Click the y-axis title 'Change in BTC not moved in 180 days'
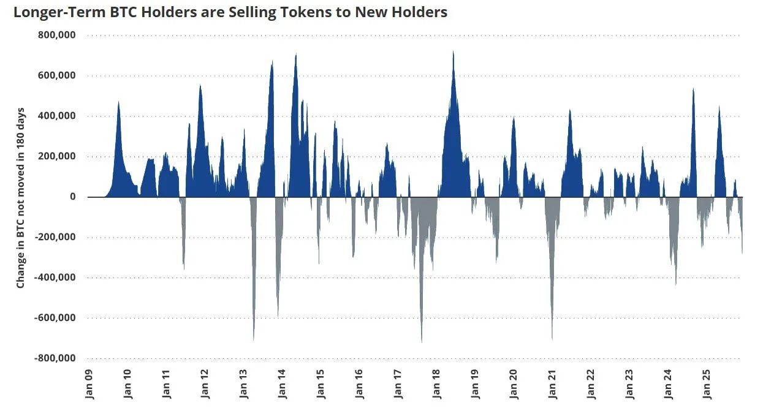coord(21,197)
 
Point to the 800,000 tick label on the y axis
coord(57,36)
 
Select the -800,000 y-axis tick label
coord(55,358)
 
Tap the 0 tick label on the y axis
coord(72,197)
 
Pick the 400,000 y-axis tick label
coord(57,116)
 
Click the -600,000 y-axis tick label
coord(55,318)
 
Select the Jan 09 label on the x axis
coord(89,383)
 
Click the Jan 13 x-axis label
coord(243,383)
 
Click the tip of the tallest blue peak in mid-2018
coord(453,51)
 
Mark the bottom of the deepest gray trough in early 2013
coord(254,340)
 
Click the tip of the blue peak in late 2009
coord(118,102)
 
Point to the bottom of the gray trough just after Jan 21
coord(552,339)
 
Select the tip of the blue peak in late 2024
coord(693,89)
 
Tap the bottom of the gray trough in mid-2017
coord(422,342)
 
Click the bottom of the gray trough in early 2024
coord(675,284)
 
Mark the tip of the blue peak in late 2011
coord(200,85)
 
